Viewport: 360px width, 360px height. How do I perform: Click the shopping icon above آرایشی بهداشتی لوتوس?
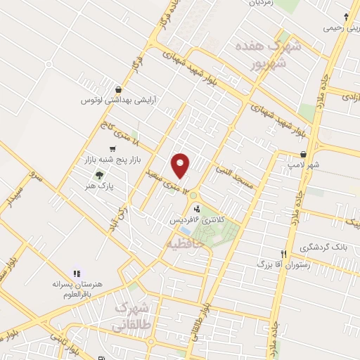coord(119,89)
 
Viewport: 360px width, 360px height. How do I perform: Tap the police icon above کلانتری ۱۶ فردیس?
coord(197,208)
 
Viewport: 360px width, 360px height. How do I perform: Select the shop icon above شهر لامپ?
coord(303,154)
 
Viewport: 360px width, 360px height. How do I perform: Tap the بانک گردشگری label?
coord(324,247)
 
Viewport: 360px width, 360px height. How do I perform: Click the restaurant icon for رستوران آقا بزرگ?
coord(284,254)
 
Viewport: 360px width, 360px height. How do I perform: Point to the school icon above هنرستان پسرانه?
coord(77,273)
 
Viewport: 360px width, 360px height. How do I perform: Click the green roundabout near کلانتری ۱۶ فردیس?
coord(193,195)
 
